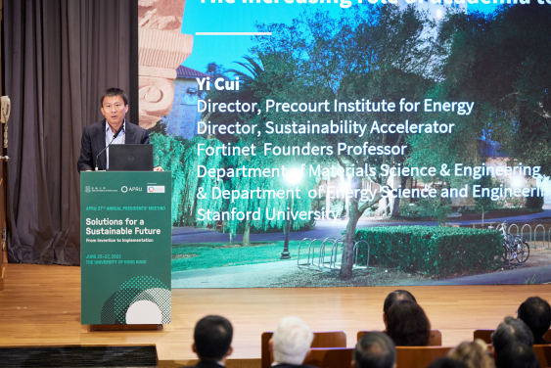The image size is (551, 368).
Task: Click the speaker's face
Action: click(x=115, y=105)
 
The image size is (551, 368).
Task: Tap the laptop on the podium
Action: click(x=130, y=158)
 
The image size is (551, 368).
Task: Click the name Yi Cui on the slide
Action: click(x=217, y=84)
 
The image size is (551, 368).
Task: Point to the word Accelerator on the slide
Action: click(x=407, y=127)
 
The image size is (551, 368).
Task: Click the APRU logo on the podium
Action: click(x=131, y=188)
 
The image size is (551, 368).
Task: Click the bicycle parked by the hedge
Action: click(x=513, y=249)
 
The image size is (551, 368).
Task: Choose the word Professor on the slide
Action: click(x=372, y=149)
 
